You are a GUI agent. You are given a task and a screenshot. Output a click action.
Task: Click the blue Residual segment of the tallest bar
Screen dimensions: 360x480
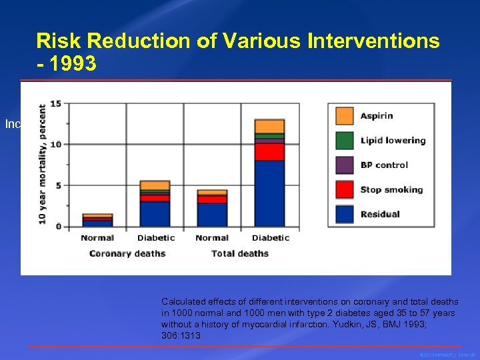pyautogui.click(x=269, y=193)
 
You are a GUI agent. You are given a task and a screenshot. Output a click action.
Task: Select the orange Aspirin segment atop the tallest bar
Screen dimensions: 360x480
pyautogui.click(x=269, y=126)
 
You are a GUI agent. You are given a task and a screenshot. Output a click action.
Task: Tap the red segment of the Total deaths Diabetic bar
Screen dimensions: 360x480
pyautogui.click(x=269, y=151)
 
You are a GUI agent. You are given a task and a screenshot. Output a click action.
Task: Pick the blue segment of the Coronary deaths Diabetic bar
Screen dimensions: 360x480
pyautogui.click(x=155, y=214)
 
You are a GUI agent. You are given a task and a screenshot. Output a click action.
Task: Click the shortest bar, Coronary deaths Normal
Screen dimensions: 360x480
pyautogui.click(x=97, y=221)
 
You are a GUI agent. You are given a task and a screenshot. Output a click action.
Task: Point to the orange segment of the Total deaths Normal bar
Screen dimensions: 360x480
pyautogui.click(x=212, y=192)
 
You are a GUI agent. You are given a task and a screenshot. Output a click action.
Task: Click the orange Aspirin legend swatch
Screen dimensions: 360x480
pyautogui.click(x=344, y=116)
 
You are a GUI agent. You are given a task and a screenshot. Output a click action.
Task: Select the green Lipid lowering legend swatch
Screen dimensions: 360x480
pyautogui.click(x=344, y=141)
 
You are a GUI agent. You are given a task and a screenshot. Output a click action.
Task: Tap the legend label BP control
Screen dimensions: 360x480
pyautogui.click(x=384, y=165)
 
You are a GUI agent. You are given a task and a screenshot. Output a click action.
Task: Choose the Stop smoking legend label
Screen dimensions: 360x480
pyautogui.click(x=391, y=190)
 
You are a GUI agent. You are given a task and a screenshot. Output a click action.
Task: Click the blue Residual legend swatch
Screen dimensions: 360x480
pyautogui.click(x=344, y=214)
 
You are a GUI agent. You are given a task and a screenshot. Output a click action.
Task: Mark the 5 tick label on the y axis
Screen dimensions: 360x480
pyautogui.click(x=58, y=185)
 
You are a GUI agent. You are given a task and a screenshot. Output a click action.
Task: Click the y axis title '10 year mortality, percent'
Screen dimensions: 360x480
pyautogui.click(x=42, y=164)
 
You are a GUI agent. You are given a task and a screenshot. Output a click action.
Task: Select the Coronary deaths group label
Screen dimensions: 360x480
pyautogui.click(x=127, y=253)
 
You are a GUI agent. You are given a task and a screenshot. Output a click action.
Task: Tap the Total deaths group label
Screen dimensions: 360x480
pyautogui.click(x=240, y=253)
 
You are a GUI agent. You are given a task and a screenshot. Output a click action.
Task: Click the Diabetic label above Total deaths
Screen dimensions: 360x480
pyautogui.click(x=271, y=238)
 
